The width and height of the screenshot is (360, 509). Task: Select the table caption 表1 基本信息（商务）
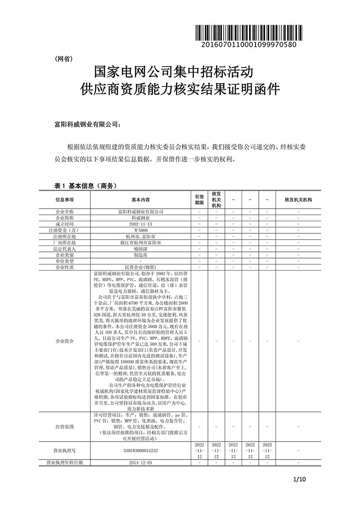click(x=85, y=185)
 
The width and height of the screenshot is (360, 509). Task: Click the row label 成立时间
click(x=64, y=223)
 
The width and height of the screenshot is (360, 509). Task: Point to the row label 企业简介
click(x=64, y=341)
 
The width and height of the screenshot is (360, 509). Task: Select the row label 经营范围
click(x=64, y=426)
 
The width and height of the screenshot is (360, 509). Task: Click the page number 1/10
click(x=299, y=479)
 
